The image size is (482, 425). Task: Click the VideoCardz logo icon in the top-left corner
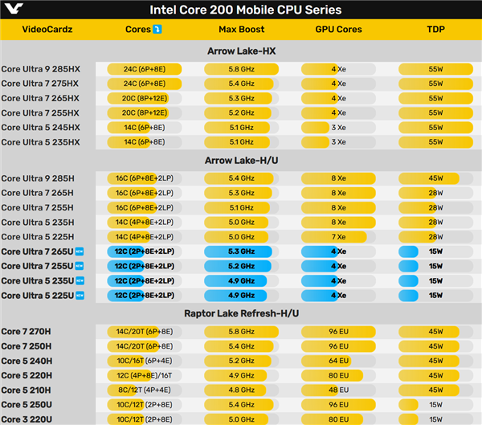[x=12, y=10]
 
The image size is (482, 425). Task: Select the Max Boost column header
[x=241, y=30]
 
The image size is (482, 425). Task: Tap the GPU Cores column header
[x=338, y=30]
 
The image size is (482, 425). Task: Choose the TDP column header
[x=435, y=30]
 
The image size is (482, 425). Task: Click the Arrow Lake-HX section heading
[x=241, y=51]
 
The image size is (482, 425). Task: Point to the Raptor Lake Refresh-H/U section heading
[x=241, y=313]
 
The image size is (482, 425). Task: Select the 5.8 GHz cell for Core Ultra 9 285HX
[x=241, y=69]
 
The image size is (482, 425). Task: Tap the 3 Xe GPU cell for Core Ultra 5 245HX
[x=338, y=127]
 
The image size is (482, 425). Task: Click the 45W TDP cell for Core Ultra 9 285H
[x=435, y=178]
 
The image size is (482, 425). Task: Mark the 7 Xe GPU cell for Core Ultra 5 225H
[x=338, y=236]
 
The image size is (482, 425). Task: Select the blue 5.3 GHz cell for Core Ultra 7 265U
[x=241, y=251]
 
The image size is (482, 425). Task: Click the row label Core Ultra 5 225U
[x=39, y=295]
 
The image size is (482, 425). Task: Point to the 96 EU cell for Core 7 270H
[x=338, y=331]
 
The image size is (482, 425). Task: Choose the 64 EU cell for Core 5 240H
[x=338, y=360]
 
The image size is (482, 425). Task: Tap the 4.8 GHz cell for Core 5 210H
[x=241, y=389]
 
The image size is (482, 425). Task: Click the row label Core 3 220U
[x=27, y=418]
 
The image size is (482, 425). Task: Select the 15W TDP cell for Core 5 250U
[x=435, y=403]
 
